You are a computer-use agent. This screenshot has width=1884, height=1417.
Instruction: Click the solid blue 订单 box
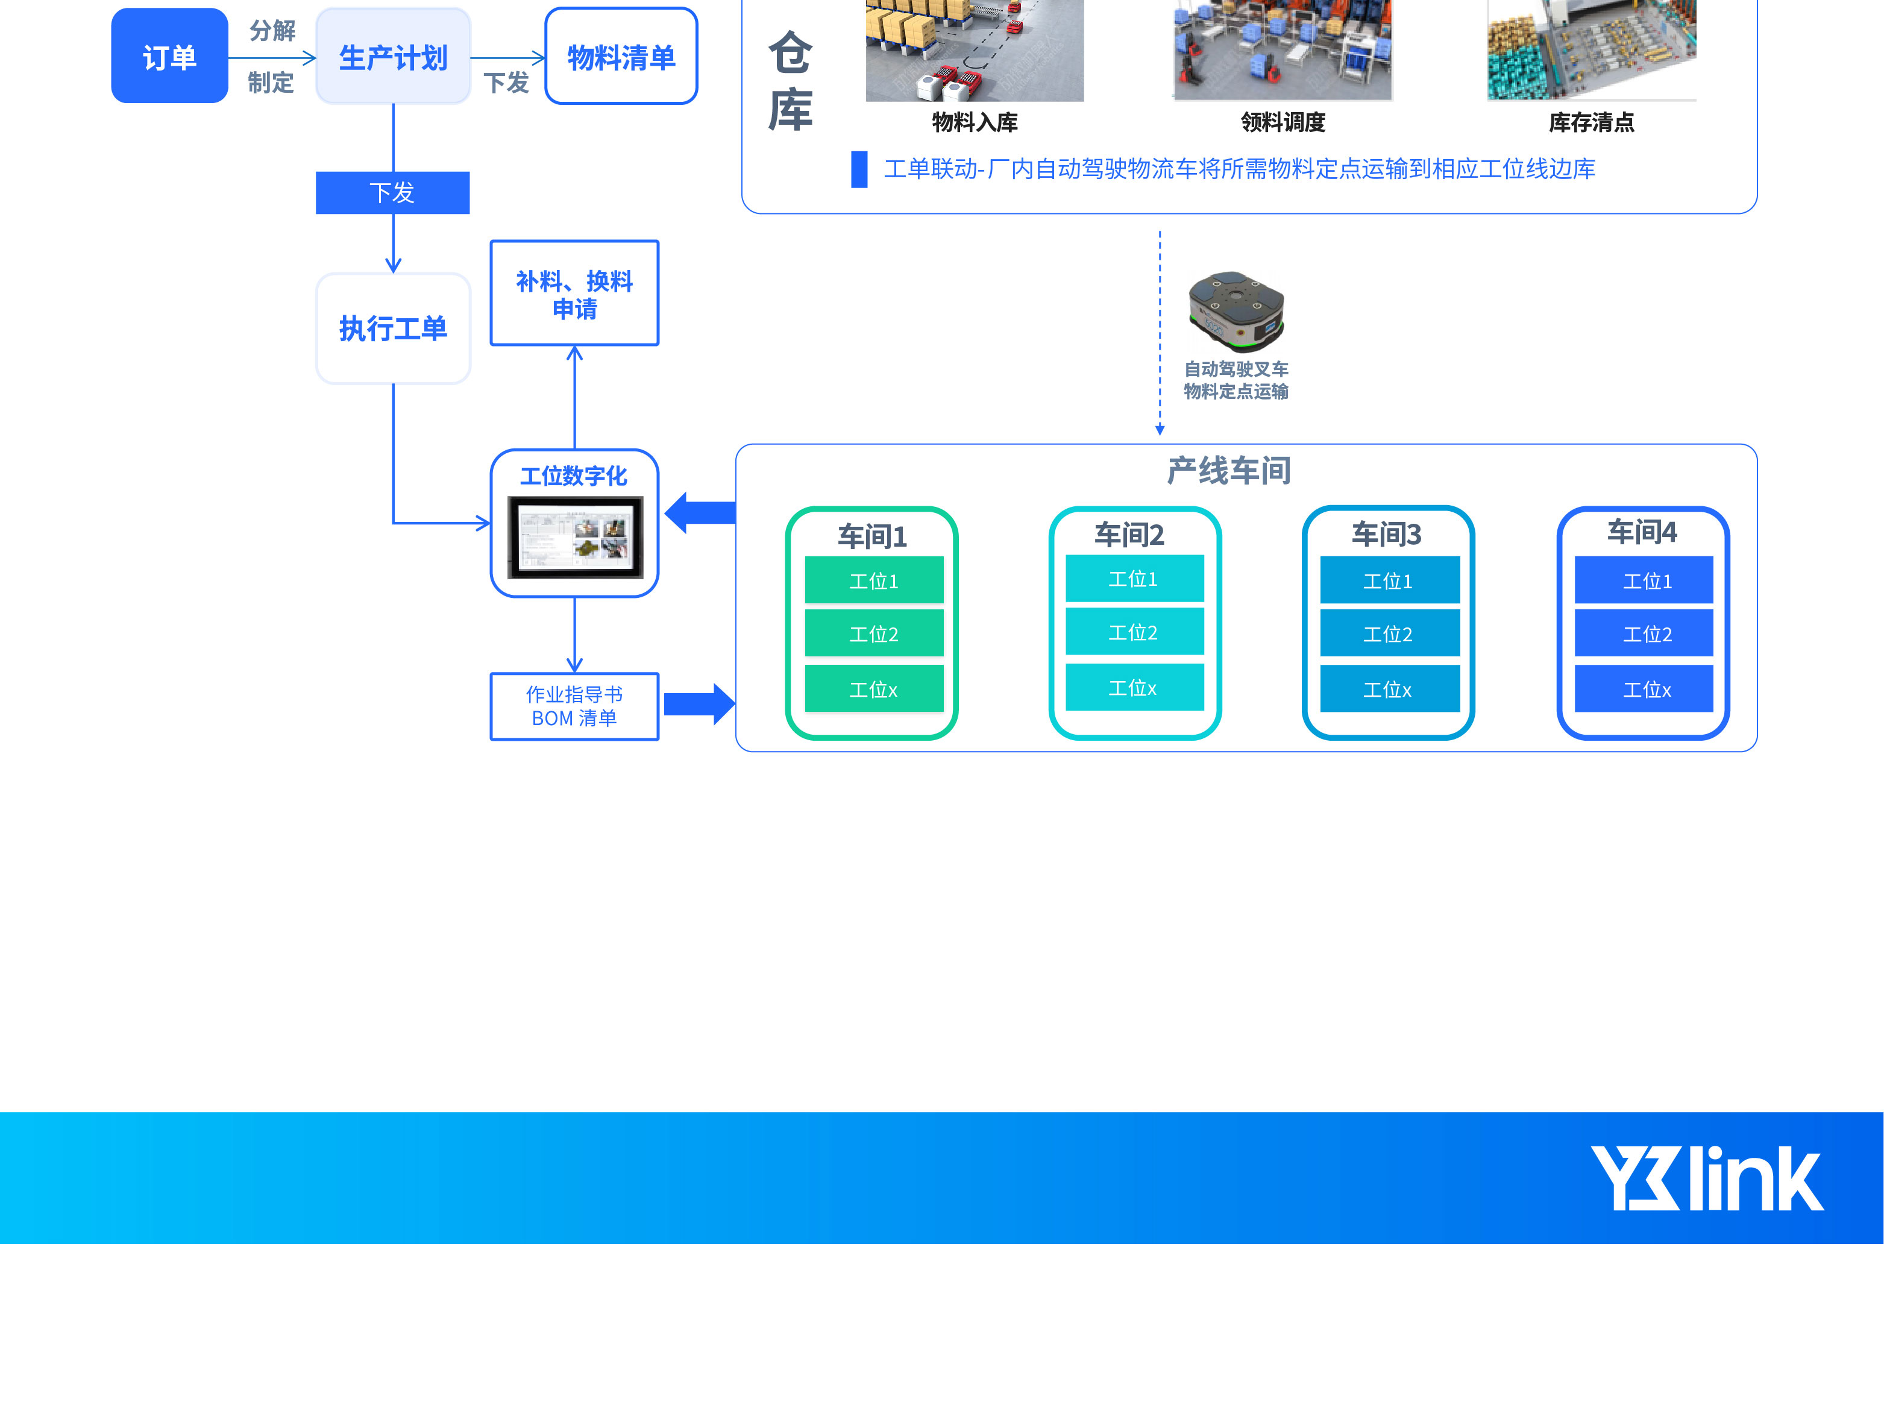169,56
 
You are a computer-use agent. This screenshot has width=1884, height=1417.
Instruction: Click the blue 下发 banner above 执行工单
392,192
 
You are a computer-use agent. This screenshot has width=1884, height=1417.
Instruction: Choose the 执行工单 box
392,328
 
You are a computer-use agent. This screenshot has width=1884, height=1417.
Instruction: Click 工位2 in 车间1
874,633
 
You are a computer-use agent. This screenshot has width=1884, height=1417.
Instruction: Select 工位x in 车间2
1134,687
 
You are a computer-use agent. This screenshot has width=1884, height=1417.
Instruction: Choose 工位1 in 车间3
1389,581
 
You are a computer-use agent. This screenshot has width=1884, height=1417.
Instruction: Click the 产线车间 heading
1228,471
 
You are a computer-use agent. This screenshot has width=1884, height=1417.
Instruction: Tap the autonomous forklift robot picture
1236,312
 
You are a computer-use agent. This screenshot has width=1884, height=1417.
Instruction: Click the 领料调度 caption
1283,122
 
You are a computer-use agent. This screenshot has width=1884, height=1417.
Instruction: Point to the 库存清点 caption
1591,122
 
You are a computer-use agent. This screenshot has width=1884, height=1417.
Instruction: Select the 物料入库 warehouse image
975,51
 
